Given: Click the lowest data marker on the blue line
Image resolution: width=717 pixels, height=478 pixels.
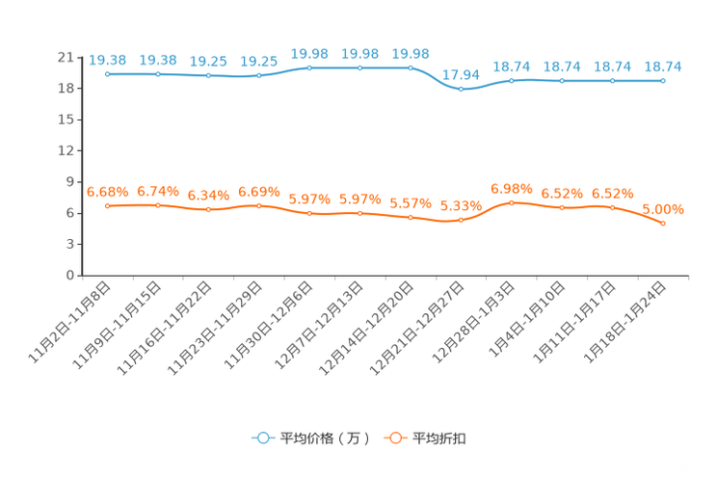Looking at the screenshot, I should click(x=463, y=90).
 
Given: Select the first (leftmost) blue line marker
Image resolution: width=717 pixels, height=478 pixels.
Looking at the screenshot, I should click(x=107, y=73).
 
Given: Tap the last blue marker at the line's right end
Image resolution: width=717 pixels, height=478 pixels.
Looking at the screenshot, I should click(x=663, y=81).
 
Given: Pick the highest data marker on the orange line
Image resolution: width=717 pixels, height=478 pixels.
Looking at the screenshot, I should click(x=512, y=202).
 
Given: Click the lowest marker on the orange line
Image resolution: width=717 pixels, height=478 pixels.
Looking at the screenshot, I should click(x=663, y=223).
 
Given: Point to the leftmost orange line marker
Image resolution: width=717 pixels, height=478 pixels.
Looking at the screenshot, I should click(x=107, y=206).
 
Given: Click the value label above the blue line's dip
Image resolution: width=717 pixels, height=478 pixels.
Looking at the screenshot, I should click(x=462, y=74).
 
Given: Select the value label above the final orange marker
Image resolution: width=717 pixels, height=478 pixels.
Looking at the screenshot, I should click(x=663, y=208).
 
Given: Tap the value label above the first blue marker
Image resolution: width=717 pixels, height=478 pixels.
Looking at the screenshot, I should click(x=107, y=59).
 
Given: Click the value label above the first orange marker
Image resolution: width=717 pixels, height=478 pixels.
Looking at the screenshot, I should click(x=107, y=192).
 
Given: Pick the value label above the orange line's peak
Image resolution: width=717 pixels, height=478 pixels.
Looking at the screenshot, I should click(x=512, y=188).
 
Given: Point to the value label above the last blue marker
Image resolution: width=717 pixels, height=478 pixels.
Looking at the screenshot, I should click(x=663, y=66).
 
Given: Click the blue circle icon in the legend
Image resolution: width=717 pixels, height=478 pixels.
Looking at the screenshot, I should click(x=261, y=438).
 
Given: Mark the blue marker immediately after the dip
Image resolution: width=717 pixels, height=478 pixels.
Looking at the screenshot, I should click(x=512, y=81).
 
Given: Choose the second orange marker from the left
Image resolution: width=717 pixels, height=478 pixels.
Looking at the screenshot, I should click(x=158, y=205).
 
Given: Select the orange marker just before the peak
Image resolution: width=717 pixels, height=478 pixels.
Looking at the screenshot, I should click(x=462, y=220).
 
